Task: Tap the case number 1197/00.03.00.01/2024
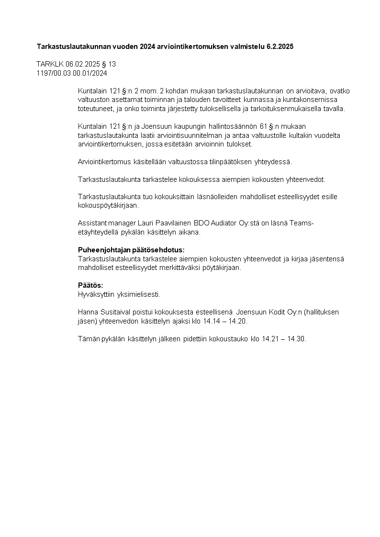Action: (x=72, y=73)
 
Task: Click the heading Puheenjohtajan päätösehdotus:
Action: (x=131, y=250)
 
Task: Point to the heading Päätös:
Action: (x=90, y=285)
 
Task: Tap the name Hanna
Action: (x=87, y=312)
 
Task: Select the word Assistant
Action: (x=93, y=224)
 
